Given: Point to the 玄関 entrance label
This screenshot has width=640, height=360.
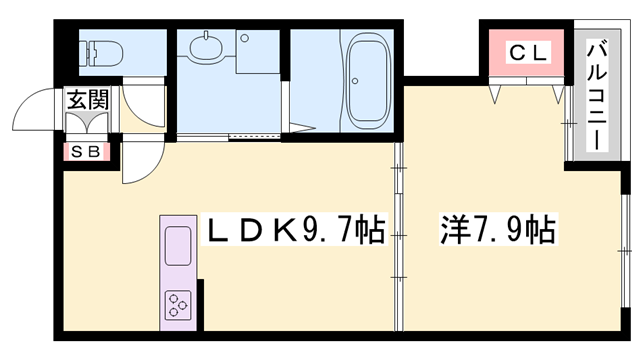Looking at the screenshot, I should click(86, 99).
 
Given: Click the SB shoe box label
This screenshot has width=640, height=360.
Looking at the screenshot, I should click(82, 153).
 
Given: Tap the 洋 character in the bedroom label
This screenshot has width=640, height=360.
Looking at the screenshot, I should click(452, 232).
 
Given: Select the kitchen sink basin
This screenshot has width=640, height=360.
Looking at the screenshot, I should click(178, 246).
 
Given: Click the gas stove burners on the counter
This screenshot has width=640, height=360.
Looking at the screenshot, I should click(177, 302).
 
